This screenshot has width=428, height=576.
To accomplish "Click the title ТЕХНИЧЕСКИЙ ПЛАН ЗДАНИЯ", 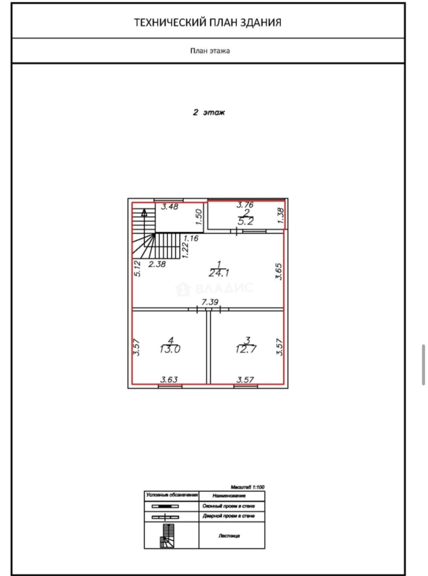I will coord(207,22).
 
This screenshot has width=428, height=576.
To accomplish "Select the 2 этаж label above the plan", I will coord(209,113).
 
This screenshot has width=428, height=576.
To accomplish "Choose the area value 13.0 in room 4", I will coord(170,350).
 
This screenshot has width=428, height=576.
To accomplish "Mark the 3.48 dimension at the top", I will coord(170,207).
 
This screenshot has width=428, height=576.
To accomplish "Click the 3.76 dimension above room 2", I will coord(245,204).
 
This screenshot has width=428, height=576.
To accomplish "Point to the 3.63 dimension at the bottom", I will coord(169,380).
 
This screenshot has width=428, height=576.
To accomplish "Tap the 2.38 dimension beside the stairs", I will coord(157,263).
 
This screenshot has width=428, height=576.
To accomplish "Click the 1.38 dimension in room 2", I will coord(281,215).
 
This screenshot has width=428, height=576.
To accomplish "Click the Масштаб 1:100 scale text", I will coord(248,487).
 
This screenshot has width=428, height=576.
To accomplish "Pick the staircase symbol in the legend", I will coord(168,535).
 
